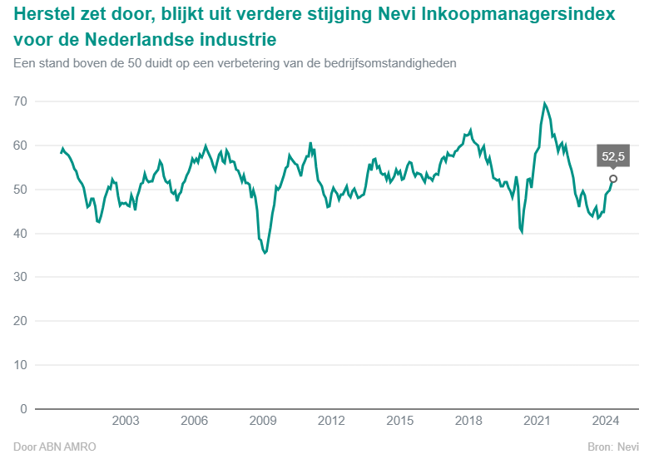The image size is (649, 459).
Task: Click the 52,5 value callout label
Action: (613, 156)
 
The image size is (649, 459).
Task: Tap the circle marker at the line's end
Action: (613, 179)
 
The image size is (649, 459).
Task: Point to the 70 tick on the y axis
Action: (20, 101)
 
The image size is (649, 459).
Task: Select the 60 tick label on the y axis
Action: (20, 146)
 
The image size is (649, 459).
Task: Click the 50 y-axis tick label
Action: (20, 190)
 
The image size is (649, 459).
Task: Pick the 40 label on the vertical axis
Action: (20, 234)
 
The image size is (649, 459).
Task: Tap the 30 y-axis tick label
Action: (20, 278)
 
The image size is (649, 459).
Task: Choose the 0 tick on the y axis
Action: (23, 409)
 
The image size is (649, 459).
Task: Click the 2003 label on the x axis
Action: (125, 421)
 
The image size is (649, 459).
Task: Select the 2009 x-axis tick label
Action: (263, 421)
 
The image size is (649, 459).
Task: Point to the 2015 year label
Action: (400, 421)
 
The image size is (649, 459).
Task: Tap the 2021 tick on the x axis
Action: (538, 421)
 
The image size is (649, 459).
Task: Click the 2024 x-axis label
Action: (607, 421)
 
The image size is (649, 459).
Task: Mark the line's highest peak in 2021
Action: (545, 104)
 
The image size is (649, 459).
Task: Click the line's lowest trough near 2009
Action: (265, 253)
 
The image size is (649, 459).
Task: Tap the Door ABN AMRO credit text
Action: (55, 447)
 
